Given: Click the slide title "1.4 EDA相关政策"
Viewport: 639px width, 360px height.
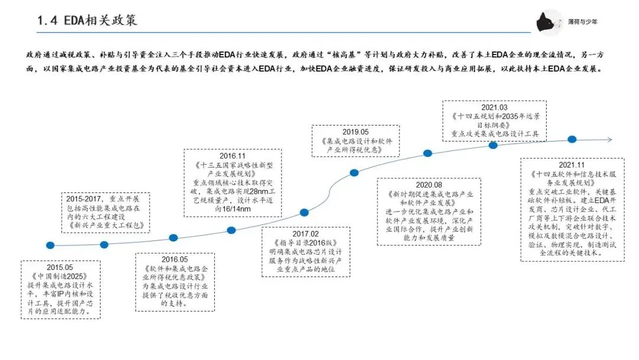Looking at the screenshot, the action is [87, 20].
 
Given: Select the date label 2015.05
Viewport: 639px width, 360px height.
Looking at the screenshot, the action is [60, 268].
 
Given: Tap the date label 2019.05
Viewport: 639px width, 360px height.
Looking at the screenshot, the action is [355, 132].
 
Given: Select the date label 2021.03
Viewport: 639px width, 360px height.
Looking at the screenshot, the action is [495, 108].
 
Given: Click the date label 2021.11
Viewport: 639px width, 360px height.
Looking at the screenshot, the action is [572, 165].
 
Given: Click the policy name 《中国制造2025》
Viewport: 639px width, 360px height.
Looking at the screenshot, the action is [60, 277].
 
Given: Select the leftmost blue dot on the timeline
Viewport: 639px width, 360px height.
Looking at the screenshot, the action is [50, 245].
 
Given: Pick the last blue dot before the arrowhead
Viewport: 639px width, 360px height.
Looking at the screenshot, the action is [572, 139].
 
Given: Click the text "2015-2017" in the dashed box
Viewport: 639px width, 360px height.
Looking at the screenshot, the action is [83, 198].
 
